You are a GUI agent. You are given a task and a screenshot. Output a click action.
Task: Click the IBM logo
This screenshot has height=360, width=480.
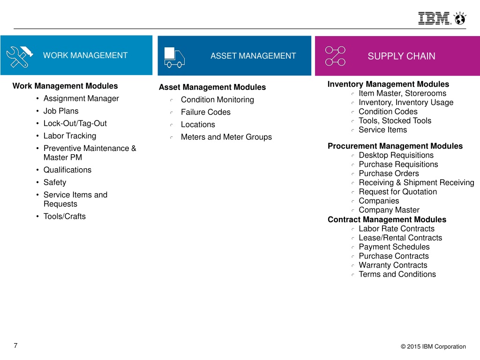click(435, 18)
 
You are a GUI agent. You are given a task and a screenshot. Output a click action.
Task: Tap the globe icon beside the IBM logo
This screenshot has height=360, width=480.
click(460, 18)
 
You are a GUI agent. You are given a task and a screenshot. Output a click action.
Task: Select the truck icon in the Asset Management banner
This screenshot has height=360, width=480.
click(174, 57)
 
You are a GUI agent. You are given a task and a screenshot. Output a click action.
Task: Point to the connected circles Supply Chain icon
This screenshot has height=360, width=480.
click(335, 56)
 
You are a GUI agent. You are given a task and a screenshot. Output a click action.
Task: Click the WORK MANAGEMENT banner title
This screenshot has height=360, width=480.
click(85, 55)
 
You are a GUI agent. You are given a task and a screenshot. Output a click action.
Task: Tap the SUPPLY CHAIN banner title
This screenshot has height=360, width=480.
click(401, 56)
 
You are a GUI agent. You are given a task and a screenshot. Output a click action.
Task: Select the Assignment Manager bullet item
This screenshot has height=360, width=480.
click(81, 98)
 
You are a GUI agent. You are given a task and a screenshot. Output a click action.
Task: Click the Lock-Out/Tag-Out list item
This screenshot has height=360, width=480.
click(75, 123)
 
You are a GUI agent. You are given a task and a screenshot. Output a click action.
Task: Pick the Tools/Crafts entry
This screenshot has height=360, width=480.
click(65, 217)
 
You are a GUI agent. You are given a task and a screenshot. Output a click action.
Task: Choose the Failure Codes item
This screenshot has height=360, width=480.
click(206, 112)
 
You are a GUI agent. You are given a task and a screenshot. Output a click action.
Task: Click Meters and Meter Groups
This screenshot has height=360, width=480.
click(226, 137)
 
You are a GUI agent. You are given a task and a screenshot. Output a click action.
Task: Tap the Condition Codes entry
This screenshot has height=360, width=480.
click(388, 112)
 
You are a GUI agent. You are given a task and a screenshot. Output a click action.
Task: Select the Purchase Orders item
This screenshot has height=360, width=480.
click(389, 173)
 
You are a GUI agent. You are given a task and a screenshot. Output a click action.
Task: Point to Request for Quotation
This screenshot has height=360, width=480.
click(398, 192)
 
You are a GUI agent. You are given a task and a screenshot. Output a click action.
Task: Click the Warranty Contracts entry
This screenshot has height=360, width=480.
click(393, 265)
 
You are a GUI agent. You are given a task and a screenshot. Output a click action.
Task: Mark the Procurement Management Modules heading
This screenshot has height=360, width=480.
click(395, 146)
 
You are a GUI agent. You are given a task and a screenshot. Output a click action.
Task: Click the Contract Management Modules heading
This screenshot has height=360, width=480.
click(387, 219)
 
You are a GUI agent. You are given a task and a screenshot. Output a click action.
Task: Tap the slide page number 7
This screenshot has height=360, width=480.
click(15, 345)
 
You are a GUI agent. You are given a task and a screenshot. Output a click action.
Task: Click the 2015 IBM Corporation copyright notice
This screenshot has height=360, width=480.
click(433, 346)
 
